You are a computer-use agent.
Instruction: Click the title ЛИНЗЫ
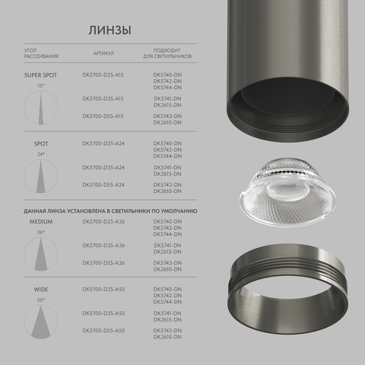109,30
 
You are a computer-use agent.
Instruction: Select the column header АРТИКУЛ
103,55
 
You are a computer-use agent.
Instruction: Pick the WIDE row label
40,290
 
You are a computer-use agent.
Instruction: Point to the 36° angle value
40,232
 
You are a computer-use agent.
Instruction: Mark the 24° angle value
40,154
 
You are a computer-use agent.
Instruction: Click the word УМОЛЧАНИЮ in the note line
177,208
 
